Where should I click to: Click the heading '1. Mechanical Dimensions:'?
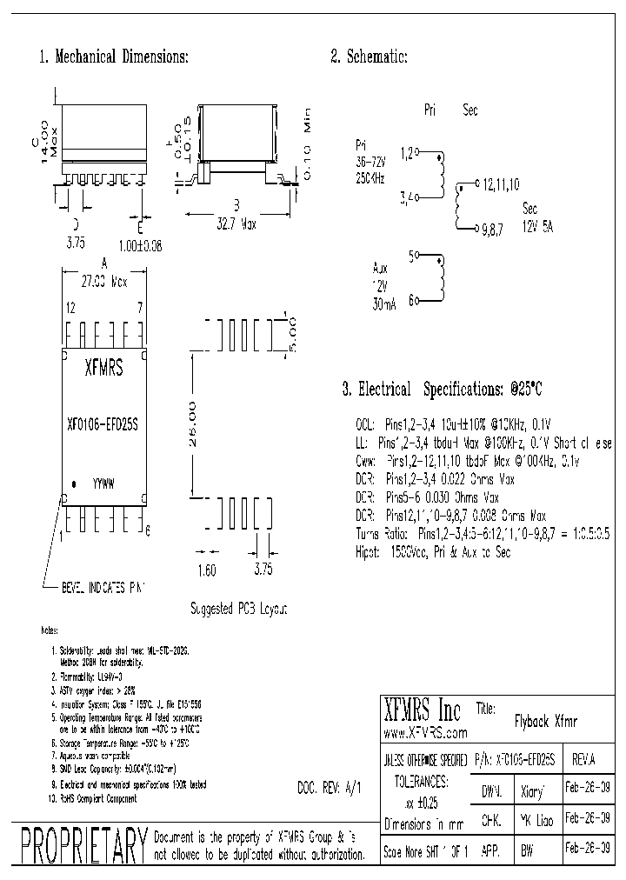(114, 57)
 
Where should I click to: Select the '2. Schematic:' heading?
(369, 57)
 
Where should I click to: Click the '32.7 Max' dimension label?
(236, 223)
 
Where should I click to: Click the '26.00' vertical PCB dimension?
(193, 424)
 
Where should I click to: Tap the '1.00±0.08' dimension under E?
(141, 246)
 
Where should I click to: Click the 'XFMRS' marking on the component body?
(103, 368)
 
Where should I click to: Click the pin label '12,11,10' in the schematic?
(502, 184)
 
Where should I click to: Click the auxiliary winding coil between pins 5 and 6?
(440, 277)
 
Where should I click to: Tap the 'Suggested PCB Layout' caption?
(237, 609)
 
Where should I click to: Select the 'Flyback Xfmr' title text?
(540, 721)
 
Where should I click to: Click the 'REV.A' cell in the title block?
(583, 759)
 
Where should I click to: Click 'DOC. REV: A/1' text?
(328, 786)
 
